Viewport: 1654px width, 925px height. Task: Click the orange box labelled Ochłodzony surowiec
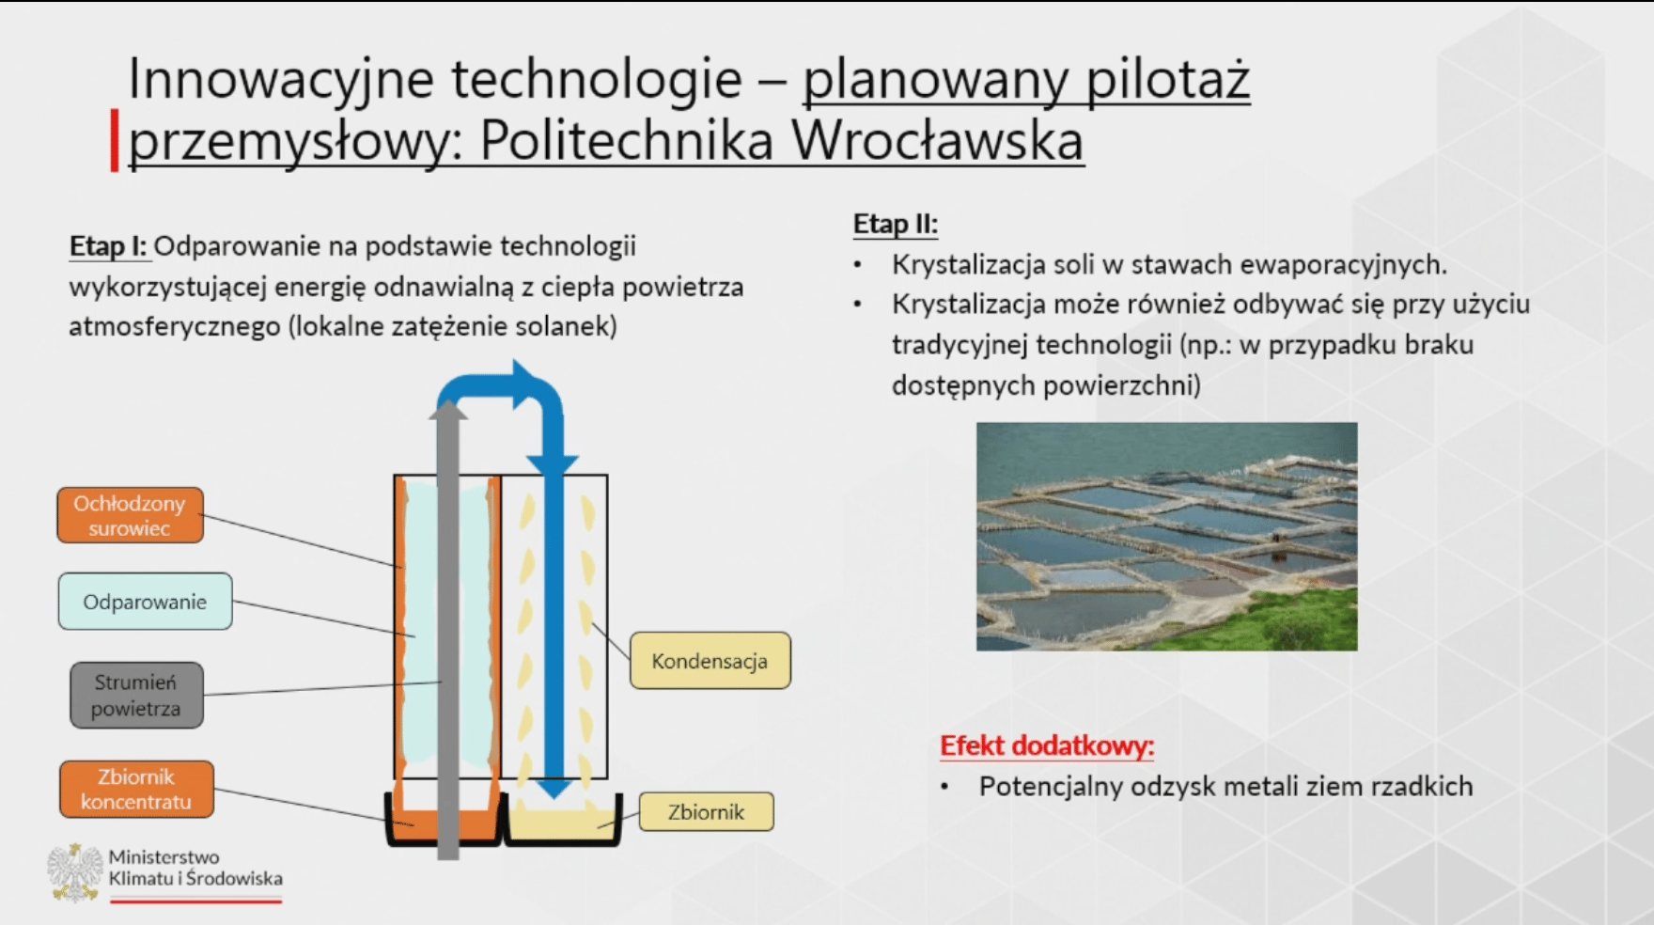pos(130,515)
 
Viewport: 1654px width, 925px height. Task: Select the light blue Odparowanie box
pos(145,602)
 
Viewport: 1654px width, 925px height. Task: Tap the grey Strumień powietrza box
pos(136,696)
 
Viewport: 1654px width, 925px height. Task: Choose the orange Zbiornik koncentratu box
pos(136,790)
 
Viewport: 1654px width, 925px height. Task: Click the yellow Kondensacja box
pos(710,661)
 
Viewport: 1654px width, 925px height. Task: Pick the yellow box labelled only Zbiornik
pos(706,812)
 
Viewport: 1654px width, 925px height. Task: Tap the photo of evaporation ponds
pos(1166,537)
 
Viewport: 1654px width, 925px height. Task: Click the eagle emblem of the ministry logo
pos(75,872)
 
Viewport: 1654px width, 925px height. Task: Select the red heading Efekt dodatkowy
pos(1047,746)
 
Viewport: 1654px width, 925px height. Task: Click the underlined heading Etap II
pos(895,225)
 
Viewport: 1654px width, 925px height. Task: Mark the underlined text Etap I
pos(108,246)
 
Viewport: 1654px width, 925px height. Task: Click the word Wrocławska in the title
pos(937,141)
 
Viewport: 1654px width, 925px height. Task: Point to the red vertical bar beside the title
pos(114,141)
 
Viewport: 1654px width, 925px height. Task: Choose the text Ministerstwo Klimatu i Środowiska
pos(195,868)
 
